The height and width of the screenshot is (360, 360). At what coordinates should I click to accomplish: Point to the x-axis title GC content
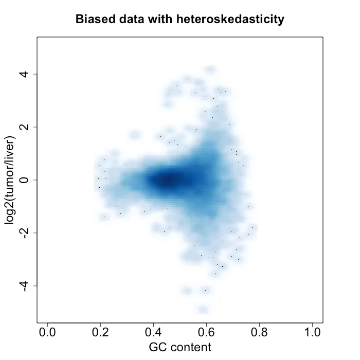180,347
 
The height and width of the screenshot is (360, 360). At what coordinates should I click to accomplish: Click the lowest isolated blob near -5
204,309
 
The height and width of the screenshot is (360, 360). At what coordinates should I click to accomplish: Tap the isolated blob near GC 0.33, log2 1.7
135,135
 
